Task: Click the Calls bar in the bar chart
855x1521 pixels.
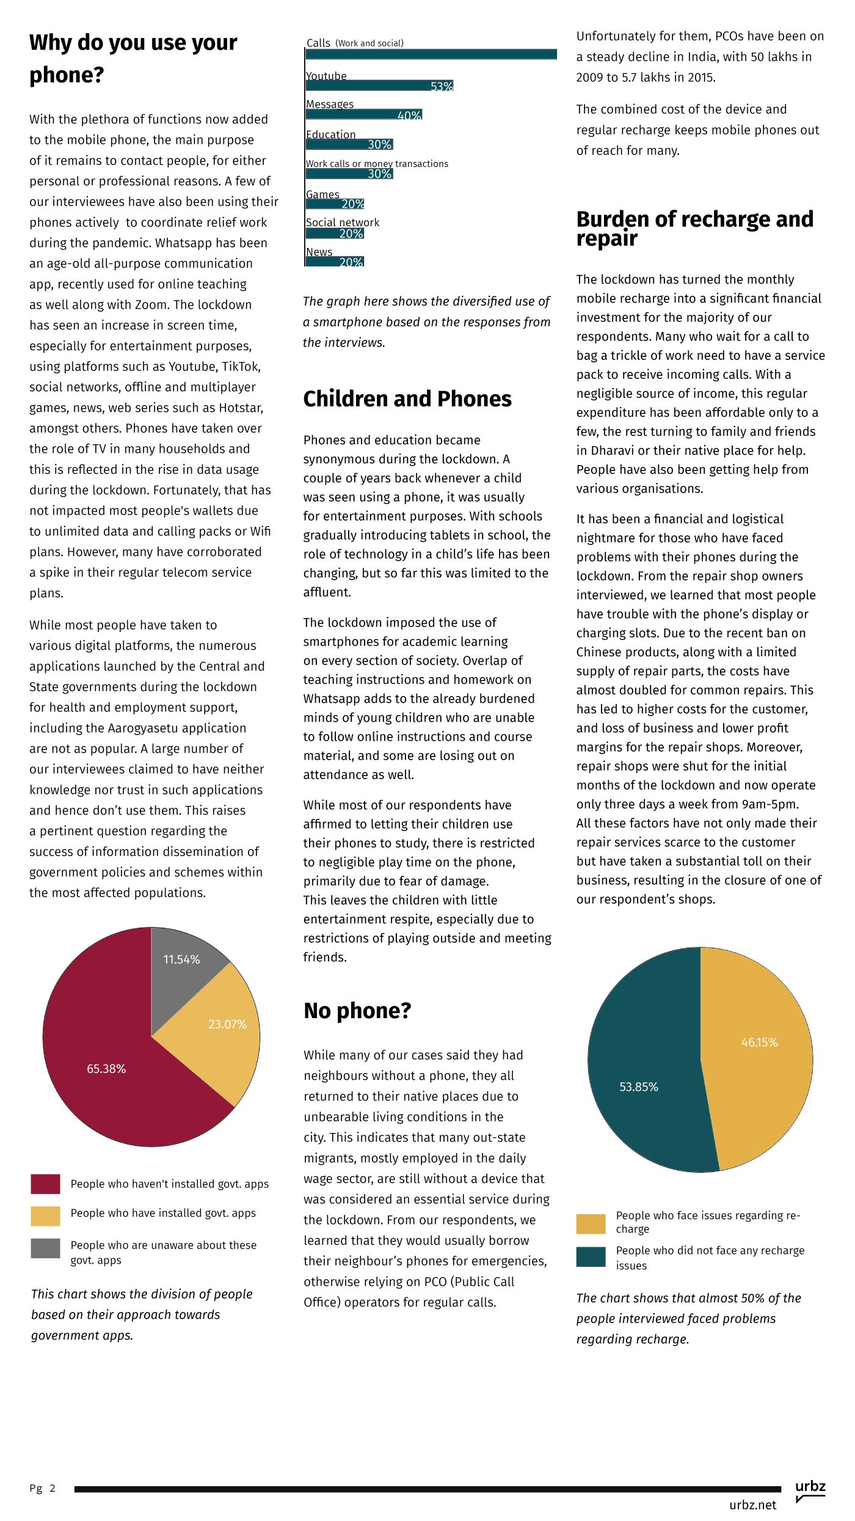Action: point(431,54)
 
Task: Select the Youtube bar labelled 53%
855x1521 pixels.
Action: point(379,86)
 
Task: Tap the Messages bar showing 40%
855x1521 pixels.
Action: point(364,115)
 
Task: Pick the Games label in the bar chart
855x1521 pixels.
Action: point(322,194)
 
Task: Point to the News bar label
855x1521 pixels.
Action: point(319,252)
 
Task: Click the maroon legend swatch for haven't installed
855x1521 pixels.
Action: point(45,1184)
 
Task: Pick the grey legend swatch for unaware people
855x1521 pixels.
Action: point(45,1248)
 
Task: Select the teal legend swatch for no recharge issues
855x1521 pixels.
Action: point(591,1257)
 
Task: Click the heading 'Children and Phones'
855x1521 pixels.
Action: point(407,399)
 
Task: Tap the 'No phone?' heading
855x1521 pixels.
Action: point(357,1011)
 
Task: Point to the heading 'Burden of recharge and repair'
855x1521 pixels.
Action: point(695,228)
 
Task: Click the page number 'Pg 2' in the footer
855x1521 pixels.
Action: point(42,1488)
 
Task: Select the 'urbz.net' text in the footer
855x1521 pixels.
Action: point(752,1505)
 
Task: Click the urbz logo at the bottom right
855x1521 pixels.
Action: point(810,1490)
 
